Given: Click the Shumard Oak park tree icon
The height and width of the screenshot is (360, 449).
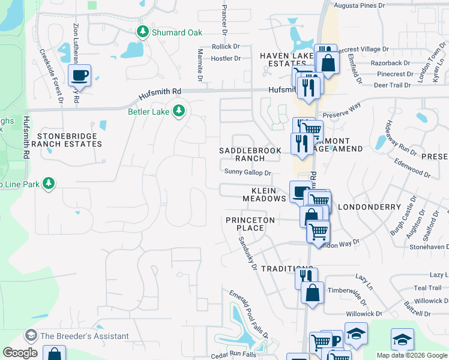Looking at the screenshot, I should [x=143, y=32].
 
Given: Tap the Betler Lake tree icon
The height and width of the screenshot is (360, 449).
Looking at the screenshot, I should [x=178, y=110].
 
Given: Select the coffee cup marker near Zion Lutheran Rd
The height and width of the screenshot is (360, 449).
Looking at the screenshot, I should [x=79, y=76].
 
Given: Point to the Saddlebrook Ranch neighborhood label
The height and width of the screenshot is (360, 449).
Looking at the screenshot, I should [x=250, y=154].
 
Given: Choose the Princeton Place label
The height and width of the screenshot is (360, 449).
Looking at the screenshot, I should [x=250, y=224].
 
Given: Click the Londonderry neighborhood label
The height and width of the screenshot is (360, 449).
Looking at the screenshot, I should [x=369, y=207].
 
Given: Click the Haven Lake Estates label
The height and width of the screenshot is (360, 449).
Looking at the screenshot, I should [x=287, y=59].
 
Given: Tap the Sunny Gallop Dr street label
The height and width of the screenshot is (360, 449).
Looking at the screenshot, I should [x=248, y=172].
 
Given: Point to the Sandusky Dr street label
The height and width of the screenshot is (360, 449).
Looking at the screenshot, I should [x=247, y=253].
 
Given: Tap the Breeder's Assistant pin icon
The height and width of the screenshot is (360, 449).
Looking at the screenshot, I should [x=31, y=336].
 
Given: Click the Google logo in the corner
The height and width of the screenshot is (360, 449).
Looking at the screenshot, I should [x=20, y=353].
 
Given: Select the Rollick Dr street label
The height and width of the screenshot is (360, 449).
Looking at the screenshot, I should [x=226, y=47].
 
